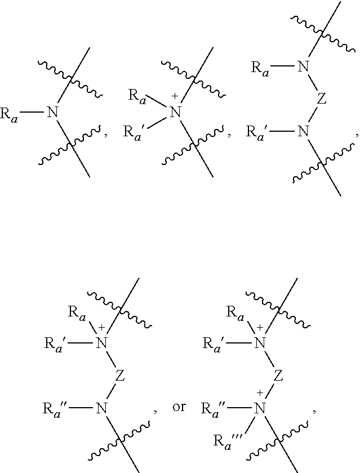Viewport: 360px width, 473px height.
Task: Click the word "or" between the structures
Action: click(179, 407)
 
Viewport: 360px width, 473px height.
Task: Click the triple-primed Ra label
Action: click(227, 442)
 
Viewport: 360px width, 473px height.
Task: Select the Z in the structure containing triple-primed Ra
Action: click(278, 376)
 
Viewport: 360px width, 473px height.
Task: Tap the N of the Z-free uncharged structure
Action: click(52, 112)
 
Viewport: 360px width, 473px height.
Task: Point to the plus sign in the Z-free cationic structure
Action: click(175, 96)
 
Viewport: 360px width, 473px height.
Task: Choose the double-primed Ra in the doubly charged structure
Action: click(213, 409)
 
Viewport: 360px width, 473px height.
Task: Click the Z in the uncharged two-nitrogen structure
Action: click(322, 99)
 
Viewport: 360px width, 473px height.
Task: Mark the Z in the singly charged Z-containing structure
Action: click(120, 376)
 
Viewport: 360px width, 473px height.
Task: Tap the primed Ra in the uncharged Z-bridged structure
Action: click(256, 133)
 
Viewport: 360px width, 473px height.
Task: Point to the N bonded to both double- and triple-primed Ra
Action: click(260, 408)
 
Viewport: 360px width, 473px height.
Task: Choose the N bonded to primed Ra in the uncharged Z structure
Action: click(303, 131)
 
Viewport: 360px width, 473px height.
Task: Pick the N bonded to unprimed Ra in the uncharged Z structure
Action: click(303, 66)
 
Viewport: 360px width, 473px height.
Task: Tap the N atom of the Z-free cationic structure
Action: click(175, 112)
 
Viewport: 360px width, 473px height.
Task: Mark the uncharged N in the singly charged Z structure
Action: click(102, 408)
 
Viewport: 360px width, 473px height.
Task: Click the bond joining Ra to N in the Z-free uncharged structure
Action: click(32, 112)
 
